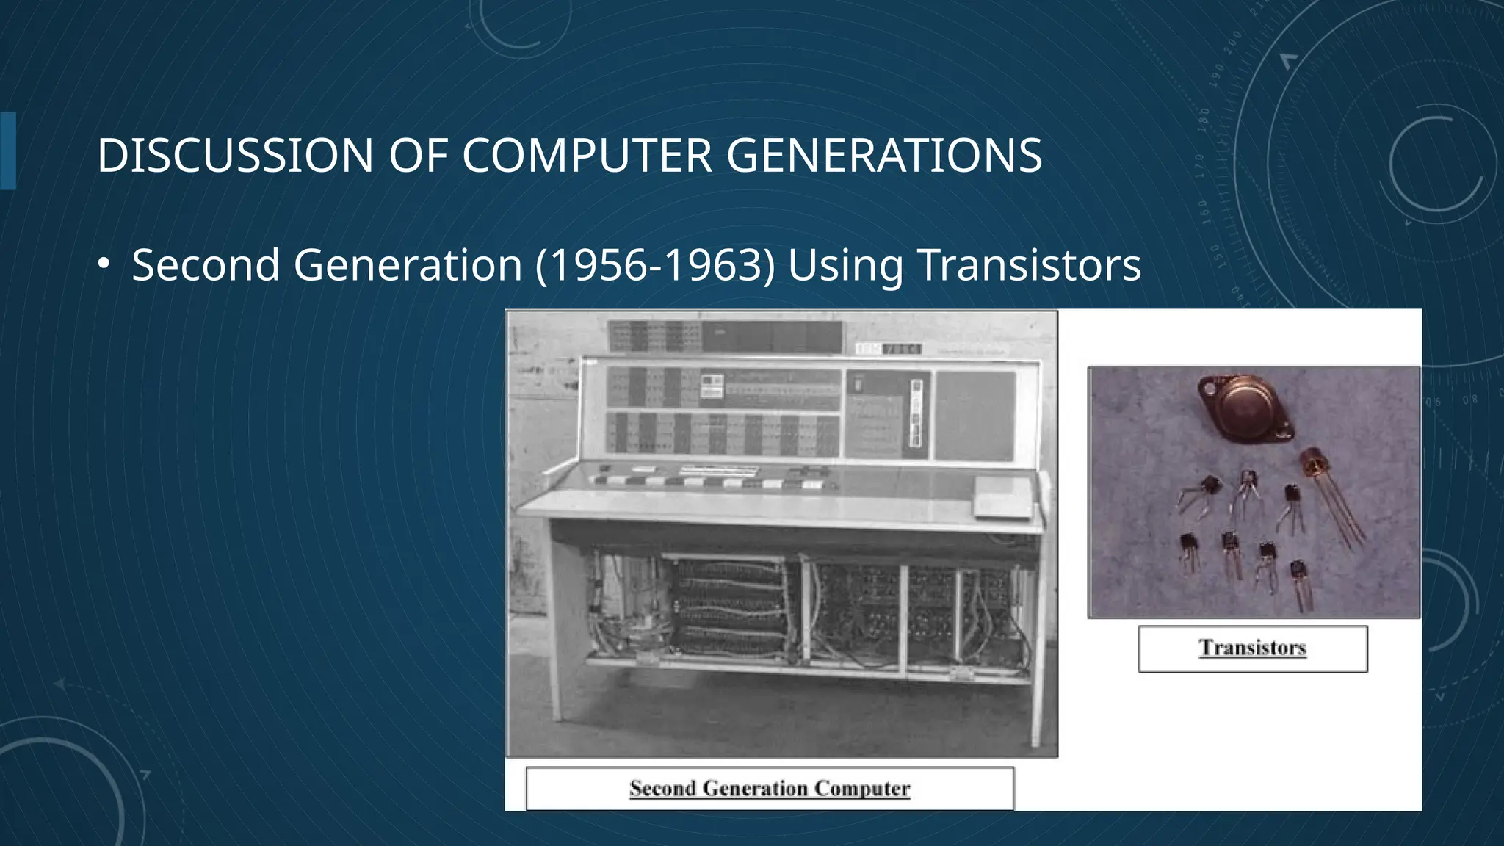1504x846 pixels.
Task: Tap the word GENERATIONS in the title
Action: (884, 156)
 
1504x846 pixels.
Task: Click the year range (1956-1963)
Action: (655, 265)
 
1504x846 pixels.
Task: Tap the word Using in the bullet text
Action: (845, 267)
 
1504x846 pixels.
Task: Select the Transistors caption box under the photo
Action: (1252, 648)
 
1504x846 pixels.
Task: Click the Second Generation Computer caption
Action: (770, 788)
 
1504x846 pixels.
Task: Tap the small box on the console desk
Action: (1002, 497)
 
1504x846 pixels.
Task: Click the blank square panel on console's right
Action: (975, 415)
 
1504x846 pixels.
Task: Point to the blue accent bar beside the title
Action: (7, 151)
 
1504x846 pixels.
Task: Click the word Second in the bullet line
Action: (205, 265)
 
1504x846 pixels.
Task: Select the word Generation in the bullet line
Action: (408, 265)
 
